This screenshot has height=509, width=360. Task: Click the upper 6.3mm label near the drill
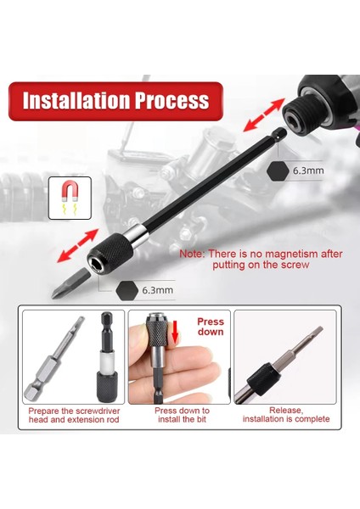pos(307,171)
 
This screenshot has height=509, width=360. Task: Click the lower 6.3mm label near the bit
pos(157,290)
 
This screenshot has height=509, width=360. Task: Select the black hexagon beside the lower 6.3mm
pos(126,289)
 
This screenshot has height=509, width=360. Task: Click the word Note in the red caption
pos(192,254)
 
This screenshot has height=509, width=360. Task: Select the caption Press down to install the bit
pos(182,414)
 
